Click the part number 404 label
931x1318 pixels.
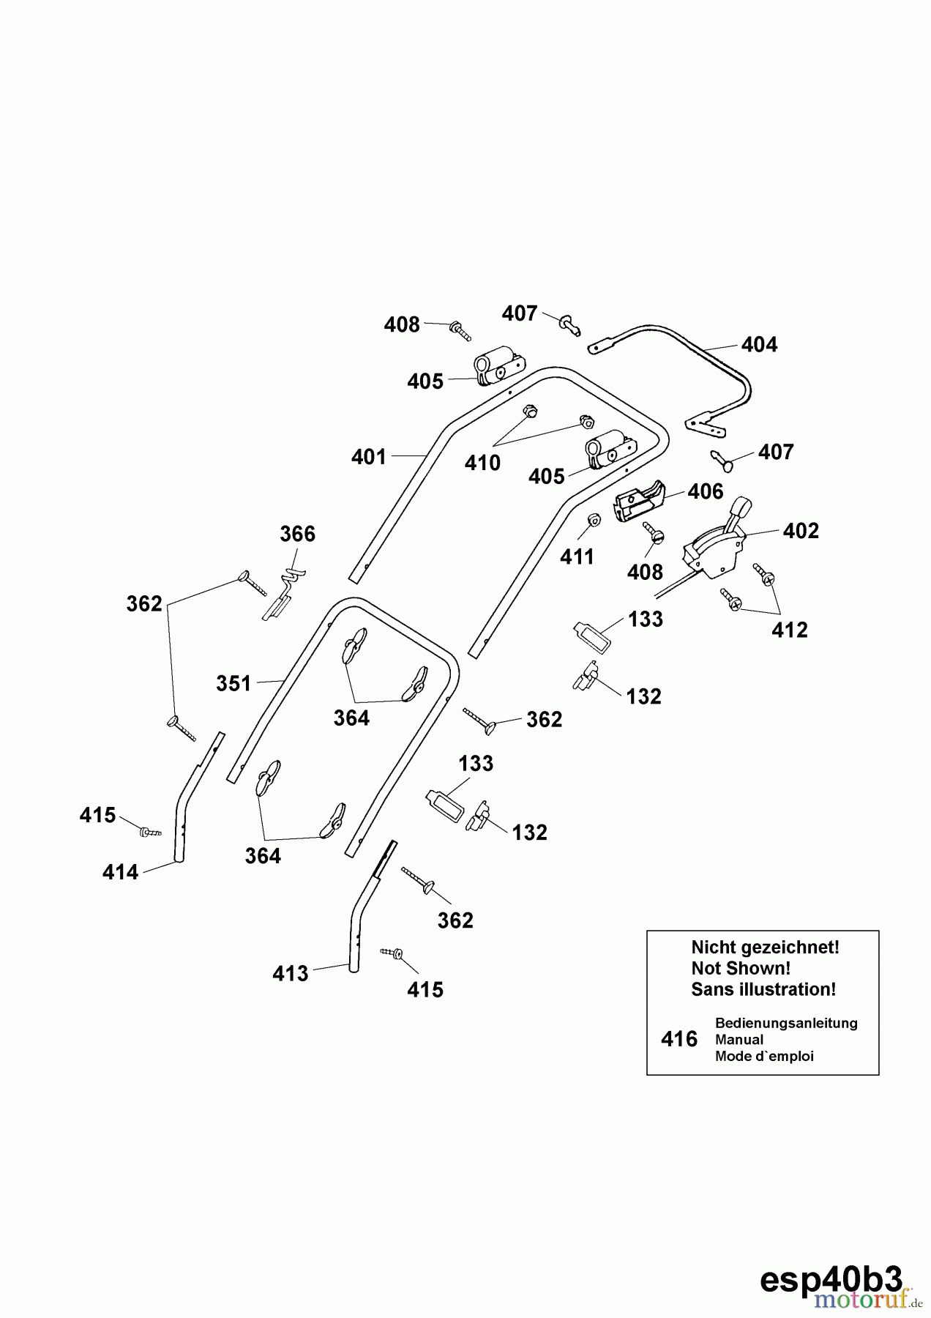759,345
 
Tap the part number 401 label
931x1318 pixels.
368,457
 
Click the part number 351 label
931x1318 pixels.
233,684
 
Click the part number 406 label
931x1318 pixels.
705,491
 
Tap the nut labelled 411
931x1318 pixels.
594,520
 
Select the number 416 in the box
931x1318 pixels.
678,1039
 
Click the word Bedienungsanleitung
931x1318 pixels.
786,1023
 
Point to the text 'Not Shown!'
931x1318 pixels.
741,968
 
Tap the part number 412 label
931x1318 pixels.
789,630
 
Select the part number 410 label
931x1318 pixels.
482,463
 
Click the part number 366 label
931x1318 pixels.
297,535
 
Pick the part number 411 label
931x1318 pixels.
577,557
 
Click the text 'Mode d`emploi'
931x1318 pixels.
764,1056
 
